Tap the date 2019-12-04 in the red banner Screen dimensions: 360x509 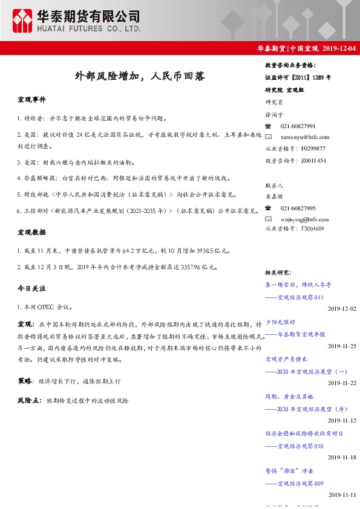[x=339, y=48]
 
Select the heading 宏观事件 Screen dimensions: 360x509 [x=31, y=99]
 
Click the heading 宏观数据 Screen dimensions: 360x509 [x=31, y=232]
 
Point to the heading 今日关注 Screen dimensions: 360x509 [x=31, y=288]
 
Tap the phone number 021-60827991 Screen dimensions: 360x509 [x=298, y=126]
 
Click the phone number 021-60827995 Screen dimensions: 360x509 [x=298, y=208]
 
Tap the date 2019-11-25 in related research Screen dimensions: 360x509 [x=342, y=346]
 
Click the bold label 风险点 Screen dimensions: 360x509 [x=29, y=400]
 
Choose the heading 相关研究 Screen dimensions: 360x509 [x=279, y=273]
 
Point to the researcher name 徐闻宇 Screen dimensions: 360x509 [x=274, y=114]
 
